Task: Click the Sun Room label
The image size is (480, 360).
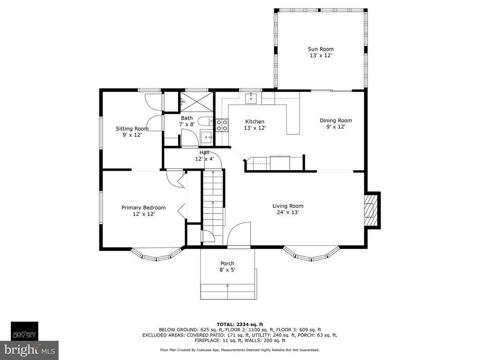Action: pos(321,49)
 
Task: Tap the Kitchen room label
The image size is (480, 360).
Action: pos(255,121)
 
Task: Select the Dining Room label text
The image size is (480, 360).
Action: pos(336,120)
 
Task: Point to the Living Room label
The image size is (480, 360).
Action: pos(288,206)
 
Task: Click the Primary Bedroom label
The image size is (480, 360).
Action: pos(143,208)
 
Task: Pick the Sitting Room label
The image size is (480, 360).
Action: pos(132,128)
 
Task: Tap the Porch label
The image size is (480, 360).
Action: pos(227,263)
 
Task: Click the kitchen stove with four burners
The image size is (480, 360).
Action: pos(222,125)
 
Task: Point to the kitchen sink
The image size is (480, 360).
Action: pos(251,98)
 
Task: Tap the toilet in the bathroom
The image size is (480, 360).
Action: pos(206,121)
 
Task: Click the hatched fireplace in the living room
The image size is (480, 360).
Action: pos(371,210)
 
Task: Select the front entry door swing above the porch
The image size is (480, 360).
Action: pos(239,234)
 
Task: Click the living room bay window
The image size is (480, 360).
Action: pos(311,253)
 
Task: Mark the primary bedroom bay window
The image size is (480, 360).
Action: pos(156,254)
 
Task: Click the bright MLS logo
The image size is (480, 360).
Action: pos(30,350)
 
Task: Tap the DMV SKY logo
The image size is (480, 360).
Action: pos(25,331)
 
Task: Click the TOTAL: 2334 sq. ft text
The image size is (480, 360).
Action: pos(240,324)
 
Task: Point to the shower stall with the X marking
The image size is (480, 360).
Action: pos(196,101)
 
